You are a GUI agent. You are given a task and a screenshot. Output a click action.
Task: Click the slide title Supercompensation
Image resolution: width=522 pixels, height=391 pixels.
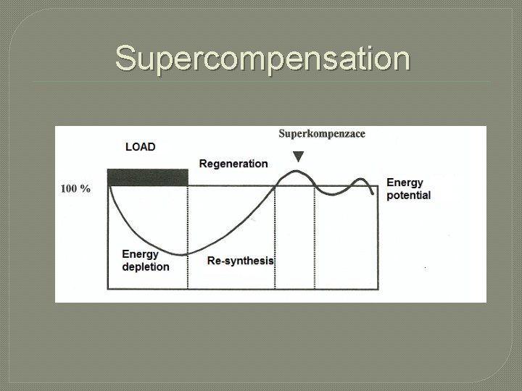[262, 58]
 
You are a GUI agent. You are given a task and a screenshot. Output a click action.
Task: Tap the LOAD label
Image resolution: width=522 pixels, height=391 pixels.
[140, 147]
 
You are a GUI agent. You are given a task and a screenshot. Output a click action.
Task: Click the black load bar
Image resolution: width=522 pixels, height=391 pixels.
[147, 177]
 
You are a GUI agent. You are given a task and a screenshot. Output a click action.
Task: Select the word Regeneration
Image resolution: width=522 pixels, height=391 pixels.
[233, 164]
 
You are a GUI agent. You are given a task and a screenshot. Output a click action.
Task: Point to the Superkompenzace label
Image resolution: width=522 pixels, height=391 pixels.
[322, 133]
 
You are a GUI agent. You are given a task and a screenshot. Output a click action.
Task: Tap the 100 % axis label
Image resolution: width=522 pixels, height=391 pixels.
[75, 189]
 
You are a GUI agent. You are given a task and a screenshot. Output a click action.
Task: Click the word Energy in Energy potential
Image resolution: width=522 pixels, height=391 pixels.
[405, 182]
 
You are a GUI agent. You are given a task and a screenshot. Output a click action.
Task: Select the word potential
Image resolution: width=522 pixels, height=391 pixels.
[408, 195]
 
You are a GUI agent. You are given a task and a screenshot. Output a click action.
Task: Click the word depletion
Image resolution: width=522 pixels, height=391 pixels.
[146, 266]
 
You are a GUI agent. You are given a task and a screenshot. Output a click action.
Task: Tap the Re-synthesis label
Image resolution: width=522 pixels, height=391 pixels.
[241, 261]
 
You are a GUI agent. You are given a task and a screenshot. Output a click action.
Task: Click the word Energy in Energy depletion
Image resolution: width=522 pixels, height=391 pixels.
[140, 254]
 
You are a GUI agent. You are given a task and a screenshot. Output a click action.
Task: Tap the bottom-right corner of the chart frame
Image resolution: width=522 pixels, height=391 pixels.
[378, 289]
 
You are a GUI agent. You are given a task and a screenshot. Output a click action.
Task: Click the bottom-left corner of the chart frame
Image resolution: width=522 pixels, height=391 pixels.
[107, 289]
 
